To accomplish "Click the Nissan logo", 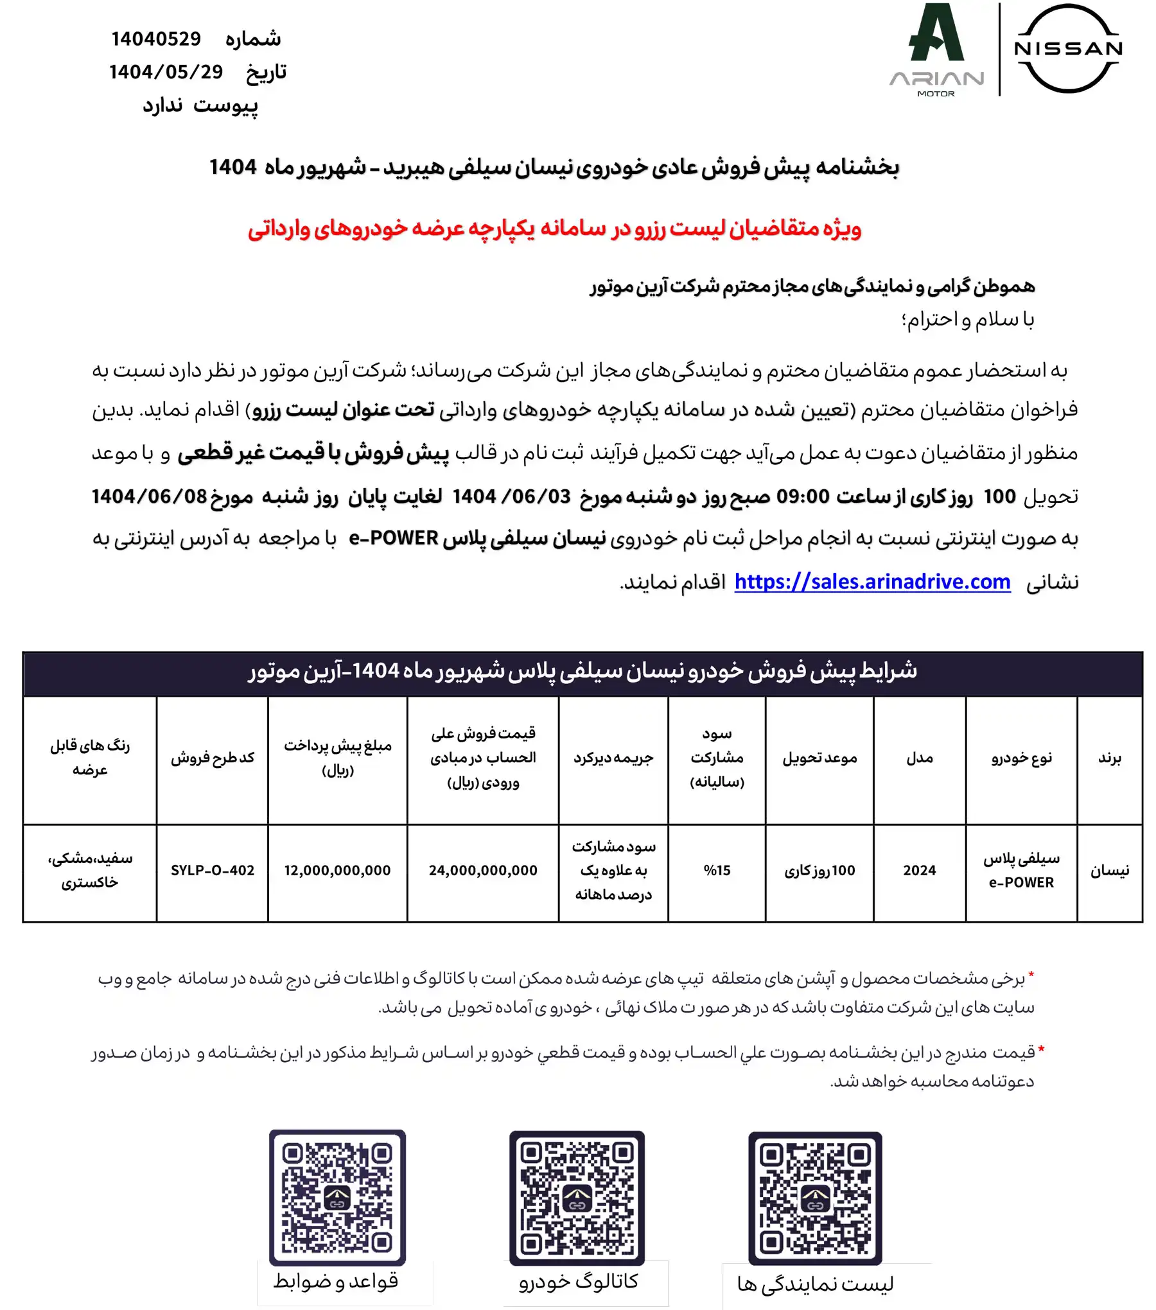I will (1068, 49).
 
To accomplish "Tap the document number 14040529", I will (156, 39).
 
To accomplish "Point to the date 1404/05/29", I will (166, 72).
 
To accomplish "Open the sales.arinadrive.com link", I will (872, 582).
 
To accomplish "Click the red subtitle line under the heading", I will (554, 229).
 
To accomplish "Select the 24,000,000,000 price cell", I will (483, 871).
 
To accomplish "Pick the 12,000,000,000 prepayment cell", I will (337, 871).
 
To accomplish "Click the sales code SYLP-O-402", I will (213, 871).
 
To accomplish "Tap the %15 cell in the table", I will (717, 871).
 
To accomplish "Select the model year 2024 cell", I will (919, 871).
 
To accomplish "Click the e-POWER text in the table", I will (1021, 883).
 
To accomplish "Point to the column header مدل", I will (919, 758).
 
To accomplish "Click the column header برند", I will (1109, 758).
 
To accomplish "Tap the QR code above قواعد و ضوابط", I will (337, 1198).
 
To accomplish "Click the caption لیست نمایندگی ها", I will (815, 1284).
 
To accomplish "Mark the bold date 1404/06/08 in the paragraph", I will (149, 496).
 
